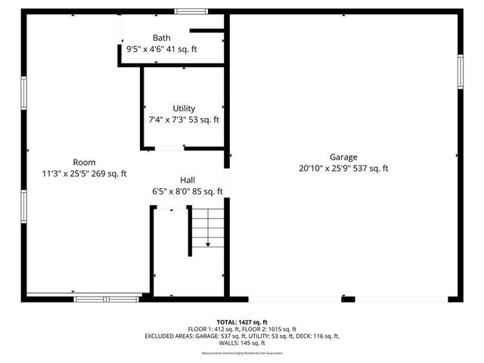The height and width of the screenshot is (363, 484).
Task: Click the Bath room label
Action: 161,38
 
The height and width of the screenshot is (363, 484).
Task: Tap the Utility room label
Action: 184,108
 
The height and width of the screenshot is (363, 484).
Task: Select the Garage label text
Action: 343,157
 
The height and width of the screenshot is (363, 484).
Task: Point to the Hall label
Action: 188,180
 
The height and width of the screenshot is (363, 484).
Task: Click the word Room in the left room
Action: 84,162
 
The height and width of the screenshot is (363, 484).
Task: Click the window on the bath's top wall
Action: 191,11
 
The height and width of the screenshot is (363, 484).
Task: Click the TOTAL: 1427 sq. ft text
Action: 242,322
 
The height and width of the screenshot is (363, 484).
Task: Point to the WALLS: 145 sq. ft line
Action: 242,343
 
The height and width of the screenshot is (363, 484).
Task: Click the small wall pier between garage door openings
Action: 348,299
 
